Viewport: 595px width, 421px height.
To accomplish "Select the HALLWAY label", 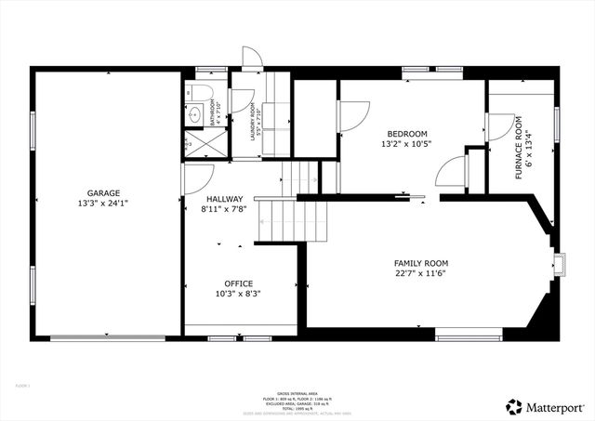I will tap(224, 199).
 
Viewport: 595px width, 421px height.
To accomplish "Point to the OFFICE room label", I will tap(238, 283).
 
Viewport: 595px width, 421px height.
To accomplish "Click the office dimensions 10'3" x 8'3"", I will tap(238, 294).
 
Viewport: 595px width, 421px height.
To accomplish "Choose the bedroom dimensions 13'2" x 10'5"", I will tap(403, 144).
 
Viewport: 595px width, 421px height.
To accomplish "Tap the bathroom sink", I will tap(194, 116).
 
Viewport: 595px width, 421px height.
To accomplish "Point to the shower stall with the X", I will tap(192, 144).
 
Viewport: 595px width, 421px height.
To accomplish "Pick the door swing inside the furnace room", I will tap(498, 128).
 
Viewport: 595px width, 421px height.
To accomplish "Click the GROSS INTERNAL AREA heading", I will tap(297, 393).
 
